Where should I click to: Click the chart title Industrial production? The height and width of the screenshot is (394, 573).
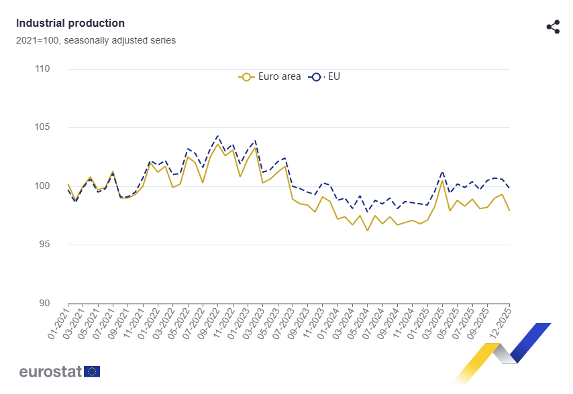click(70, 23)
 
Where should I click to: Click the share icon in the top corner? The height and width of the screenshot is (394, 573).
click(553, 27)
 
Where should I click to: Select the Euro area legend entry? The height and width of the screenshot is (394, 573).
click(270, 76)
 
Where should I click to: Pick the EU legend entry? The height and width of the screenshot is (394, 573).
click(325, 76)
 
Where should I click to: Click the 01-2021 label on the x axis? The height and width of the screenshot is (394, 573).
click(60, 324)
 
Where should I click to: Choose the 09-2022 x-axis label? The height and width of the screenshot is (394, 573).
click(209, 324)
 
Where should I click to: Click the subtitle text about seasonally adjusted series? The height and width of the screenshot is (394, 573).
click(96, 40)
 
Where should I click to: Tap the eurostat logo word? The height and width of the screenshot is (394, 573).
click(50, 371)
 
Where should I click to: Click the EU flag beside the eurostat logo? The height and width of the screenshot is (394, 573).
click(92, 371)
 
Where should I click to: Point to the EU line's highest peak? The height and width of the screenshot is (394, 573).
click(217, 136)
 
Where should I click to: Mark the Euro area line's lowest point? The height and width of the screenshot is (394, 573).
click(367, 231)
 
